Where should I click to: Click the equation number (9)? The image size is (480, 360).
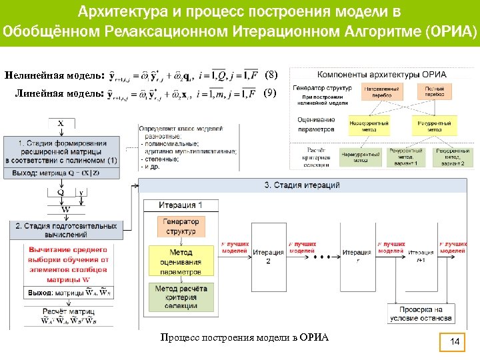coord(269,93)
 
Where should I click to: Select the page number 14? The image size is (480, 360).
coord(456,342)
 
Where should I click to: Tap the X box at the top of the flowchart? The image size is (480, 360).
coord(61,123)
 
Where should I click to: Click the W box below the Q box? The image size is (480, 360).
coord(65,209)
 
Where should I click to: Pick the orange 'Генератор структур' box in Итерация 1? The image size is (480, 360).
coord(181,226)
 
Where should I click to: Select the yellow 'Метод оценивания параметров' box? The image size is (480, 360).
coord(181,262)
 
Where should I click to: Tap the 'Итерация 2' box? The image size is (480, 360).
coord(268,255)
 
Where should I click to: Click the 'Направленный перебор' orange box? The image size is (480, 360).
coord(381,91)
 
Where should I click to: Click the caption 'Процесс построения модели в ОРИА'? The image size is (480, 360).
coord(245,337)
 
